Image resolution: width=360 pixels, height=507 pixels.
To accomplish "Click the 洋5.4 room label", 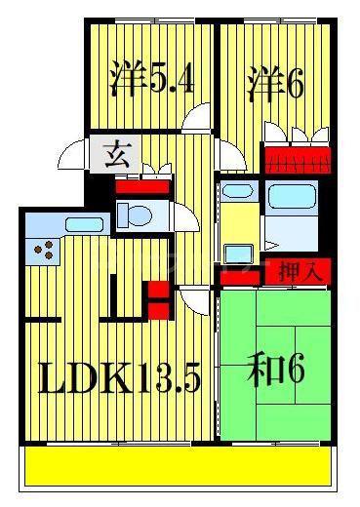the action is click(152, 78).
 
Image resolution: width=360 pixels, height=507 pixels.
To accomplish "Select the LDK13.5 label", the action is click(119, 377).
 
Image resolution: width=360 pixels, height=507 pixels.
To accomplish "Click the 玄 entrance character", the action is click(116, 154).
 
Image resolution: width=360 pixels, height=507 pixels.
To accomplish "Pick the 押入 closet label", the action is click(300, 271).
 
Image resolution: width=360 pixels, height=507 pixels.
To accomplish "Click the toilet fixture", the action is click(135, 214).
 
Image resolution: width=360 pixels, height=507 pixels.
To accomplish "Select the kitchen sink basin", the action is click(84, 224).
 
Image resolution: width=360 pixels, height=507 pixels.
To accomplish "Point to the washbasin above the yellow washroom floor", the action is click(238, 192).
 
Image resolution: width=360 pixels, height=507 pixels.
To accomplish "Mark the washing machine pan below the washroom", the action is click(239, 254).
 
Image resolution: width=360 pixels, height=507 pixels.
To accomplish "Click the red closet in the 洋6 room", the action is click(298, 161).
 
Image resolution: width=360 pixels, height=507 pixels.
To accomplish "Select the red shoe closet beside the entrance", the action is click(142, 187).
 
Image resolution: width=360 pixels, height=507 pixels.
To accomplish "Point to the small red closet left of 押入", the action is click(240, 278).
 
